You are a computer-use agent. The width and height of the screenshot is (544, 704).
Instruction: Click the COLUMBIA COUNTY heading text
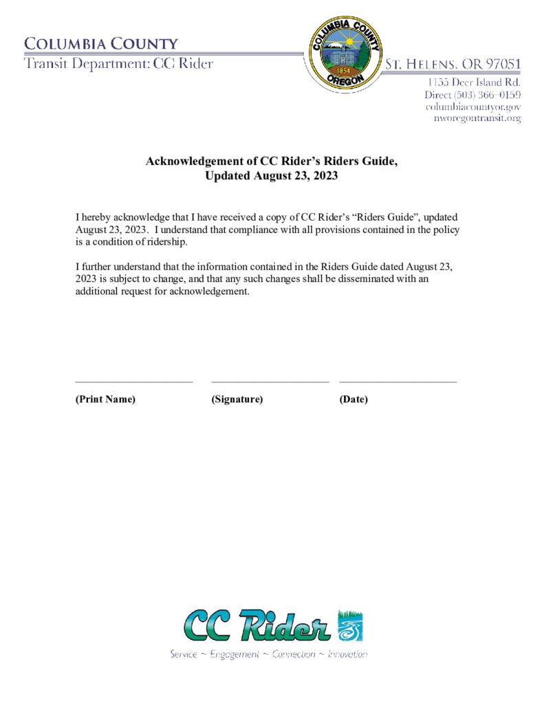pos(101,44)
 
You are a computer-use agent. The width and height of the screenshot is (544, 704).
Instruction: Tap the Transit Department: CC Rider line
pos(118,64)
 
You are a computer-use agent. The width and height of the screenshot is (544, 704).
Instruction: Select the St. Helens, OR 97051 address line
pos(453,65)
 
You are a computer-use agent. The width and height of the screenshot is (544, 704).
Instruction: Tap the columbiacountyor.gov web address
pos(473,107)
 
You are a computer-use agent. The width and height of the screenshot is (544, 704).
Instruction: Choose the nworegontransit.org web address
pos(476,118)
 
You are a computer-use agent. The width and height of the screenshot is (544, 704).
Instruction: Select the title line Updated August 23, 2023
pos(272,175)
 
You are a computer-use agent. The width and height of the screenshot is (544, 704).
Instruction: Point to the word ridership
pos(166,243)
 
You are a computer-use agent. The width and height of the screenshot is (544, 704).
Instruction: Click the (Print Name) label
pos(105,399)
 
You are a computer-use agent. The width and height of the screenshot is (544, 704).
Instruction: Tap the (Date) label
pos(353,399)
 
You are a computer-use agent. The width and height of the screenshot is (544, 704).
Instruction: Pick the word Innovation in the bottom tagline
pos(347,654)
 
